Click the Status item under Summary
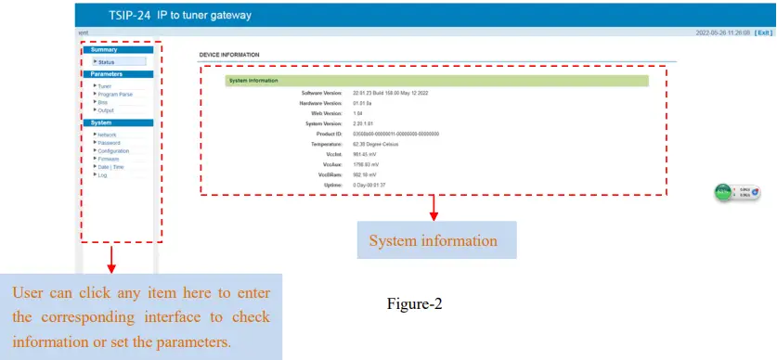107,62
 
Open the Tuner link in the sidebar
105,86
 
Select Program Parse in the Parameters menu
115,94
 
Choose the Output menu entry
106,110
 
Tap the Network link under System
107,135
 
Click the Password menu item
109,143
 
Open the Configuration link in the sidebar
113,150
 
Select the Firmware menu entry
108,159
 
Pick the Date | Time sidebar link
110,166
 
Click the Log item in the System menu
102,174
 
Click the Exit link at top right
762,32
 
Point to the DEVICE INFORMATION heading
229,55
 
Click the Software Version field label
322,94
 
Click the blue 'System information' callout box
434,240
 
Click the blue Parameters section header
107,73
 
